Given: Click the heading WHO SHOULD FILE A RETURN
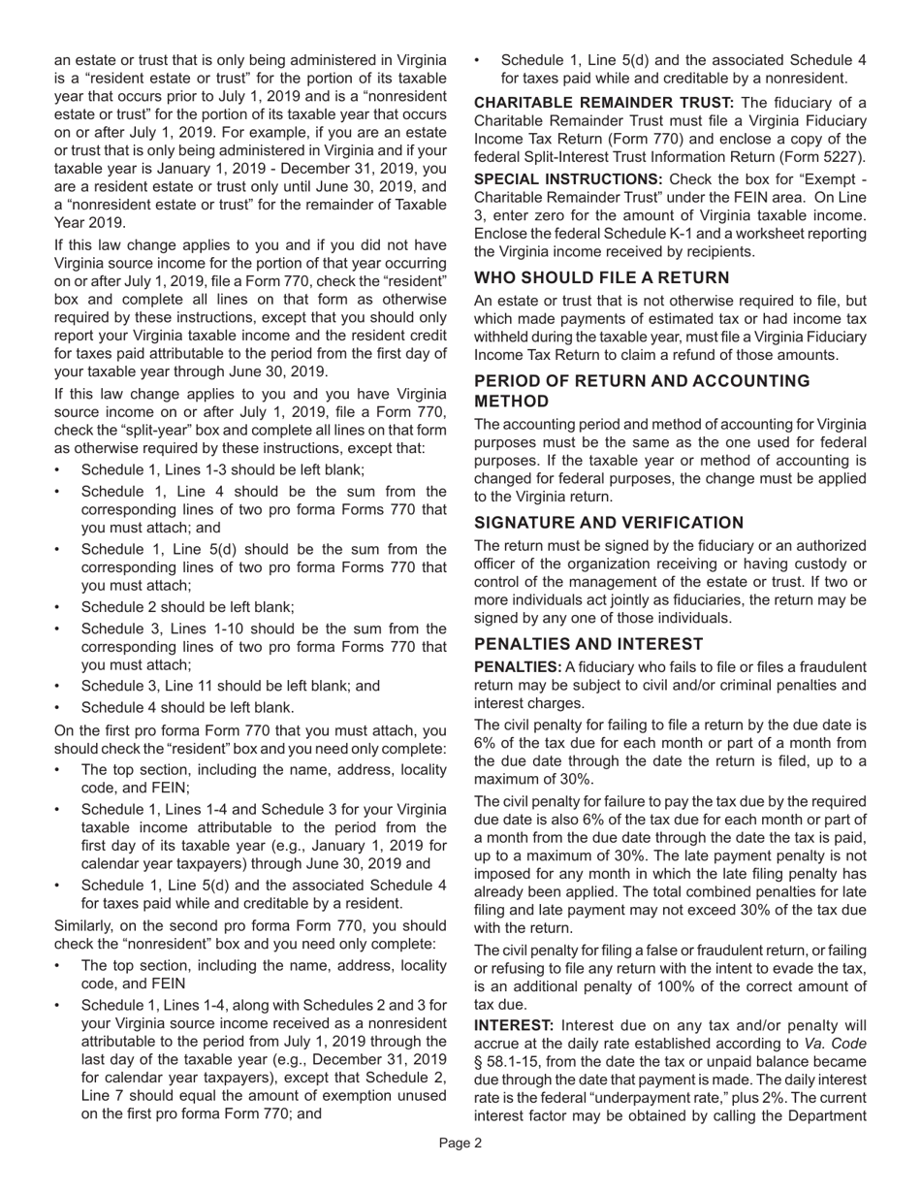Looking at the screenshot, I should pos(601,277).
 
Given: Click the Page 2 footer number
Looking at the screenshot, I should pos(460,1143).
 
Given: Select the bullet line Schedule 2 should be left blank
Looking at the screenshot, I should pos(188,607).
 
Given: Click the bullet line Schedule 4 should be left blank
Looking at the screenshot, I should pos(188,707).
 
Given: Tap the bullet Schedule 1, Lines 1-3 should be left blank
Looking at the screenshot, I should pos(223,469).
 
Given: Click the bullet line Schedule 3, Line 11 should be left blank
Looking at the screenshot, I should pos(231,686).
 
